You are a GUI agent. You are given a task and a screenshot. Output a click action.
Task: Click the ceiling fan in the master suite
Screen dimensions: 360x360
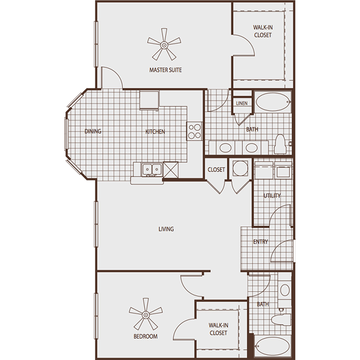[x=164, y=45]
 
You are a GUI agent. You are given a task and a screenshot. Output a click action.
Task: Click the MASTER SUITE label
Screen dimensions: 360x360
[x=166, y=70]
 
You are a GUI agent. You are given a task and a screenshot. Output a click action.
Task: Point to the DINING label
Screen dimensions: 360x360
[x=93, y=132]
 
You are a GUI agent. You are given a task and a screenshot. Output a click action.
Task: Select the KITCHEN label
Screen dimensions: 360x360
[x=155, y=132]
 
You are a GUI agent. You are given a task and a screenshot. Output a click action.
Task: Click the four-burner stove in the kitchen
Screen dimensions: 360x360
[x=194, y=131]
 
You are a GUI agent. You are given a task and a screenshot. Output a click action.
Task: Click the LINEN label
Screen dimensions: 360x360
[x=242, y=103]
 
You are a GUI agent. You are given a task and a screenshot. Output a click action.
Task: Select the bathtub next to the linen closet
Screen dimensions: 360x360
[x=273, y=102]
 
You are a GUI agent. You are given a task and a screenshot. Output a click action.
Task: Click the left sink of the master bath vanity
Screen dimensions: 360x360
[x=225, y=148]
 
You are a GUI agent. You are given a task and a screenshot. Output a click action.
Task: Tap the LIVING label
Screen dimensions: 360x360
[x=166, y=229]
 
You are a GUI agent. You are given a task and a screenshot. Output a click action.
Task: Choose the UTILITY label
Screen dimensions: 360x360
[x=272, y=196]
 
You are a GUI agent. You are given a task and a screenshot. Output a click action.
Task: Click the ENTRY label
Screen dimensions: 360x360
[x=261, y=242]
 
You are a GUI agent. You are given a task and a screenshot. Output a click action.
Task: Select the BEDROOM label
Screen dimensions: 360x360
[x=146, y=337]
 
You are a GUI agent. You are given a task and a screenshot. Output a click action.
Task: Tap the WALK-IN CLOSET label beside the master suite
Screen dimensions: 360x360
[x=262, y=31]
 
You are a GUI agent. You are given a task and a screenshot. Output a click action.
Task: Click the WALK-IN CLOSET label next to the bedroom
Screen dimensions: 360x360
[x=218, y=329]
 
